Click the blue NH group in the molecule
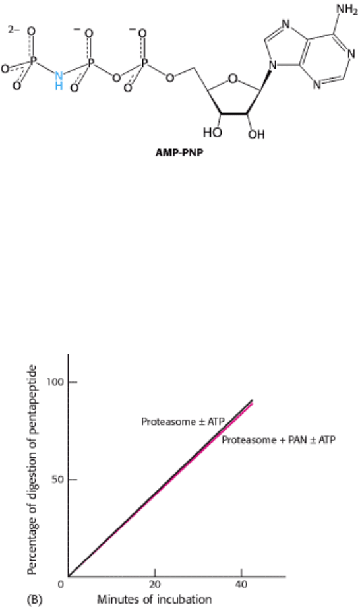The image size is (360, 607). (x=59, y=80)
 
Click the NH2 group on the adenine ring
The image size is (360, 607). (x=347, y=9)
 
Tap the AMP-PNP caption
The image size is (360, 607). (x=179, y=152)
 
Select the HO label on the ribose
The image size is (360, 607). (x=212, y=133)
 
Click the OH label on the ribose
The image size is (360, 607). (x=256, y=133)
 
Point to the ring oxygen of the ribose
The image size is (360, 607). (x=232, y=79)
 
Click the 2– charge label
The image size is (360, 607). (x=15, y=30)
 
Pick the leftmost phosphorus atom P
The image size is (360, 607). (x=33, y=61)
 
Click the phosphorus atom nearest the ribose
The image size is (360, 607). (x=144, y=62)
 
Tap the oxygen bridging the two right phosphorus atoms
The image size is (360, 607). (x=116, y=79)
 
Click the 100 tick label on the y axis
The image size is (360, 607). (x=55, y=382)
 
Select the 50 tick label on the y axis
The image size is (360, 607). (x=57, y=480)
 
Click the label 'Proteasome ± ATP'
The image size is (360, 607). (x=183, y=422)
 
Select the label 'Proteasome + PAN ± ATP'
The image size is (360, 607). (x=278, y=440)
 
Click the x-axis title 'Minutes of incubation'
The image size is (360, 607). (x=154, y=600)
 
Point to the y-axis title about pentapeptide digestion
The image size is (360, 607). (x=33, y=470)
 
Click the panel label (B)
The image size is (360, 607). (x=34, y=600)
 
